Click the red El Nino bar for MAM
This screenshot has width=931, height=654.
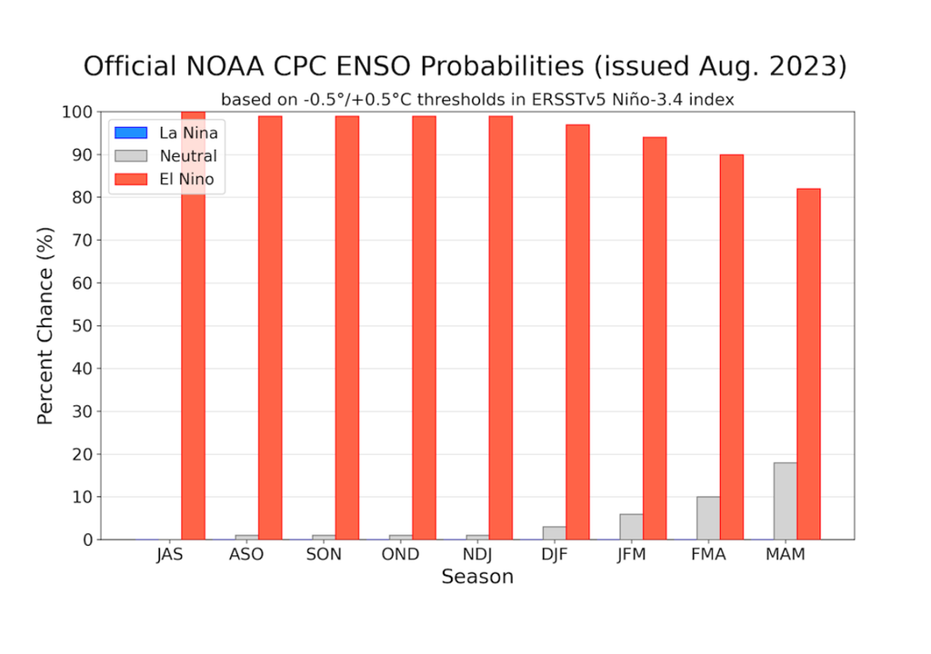tap(808, 363)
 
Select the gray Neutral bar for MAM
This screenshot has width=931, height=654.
tap(786, 501)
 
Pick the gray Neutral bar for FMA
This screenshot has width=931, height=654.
tap(708, 518)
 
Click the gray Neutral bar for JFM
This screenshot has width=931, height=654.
tap(631, 527)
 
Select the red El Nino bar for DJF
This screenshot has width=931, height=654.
tap(577, 332)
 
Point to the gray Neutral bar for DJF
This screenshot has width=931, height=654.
tap(554, 532)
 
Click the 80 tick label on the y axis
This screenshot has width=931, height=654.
tap(82, 197)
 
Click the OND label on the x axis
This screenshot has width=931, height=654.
tap(401, 555)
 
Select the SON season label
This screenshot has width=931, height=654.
tap(324, 555)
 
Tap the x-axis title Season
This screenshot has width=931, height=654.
tap(477, 578)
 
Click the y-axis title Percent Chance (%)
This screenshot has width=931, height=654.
tap(45, 325)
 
